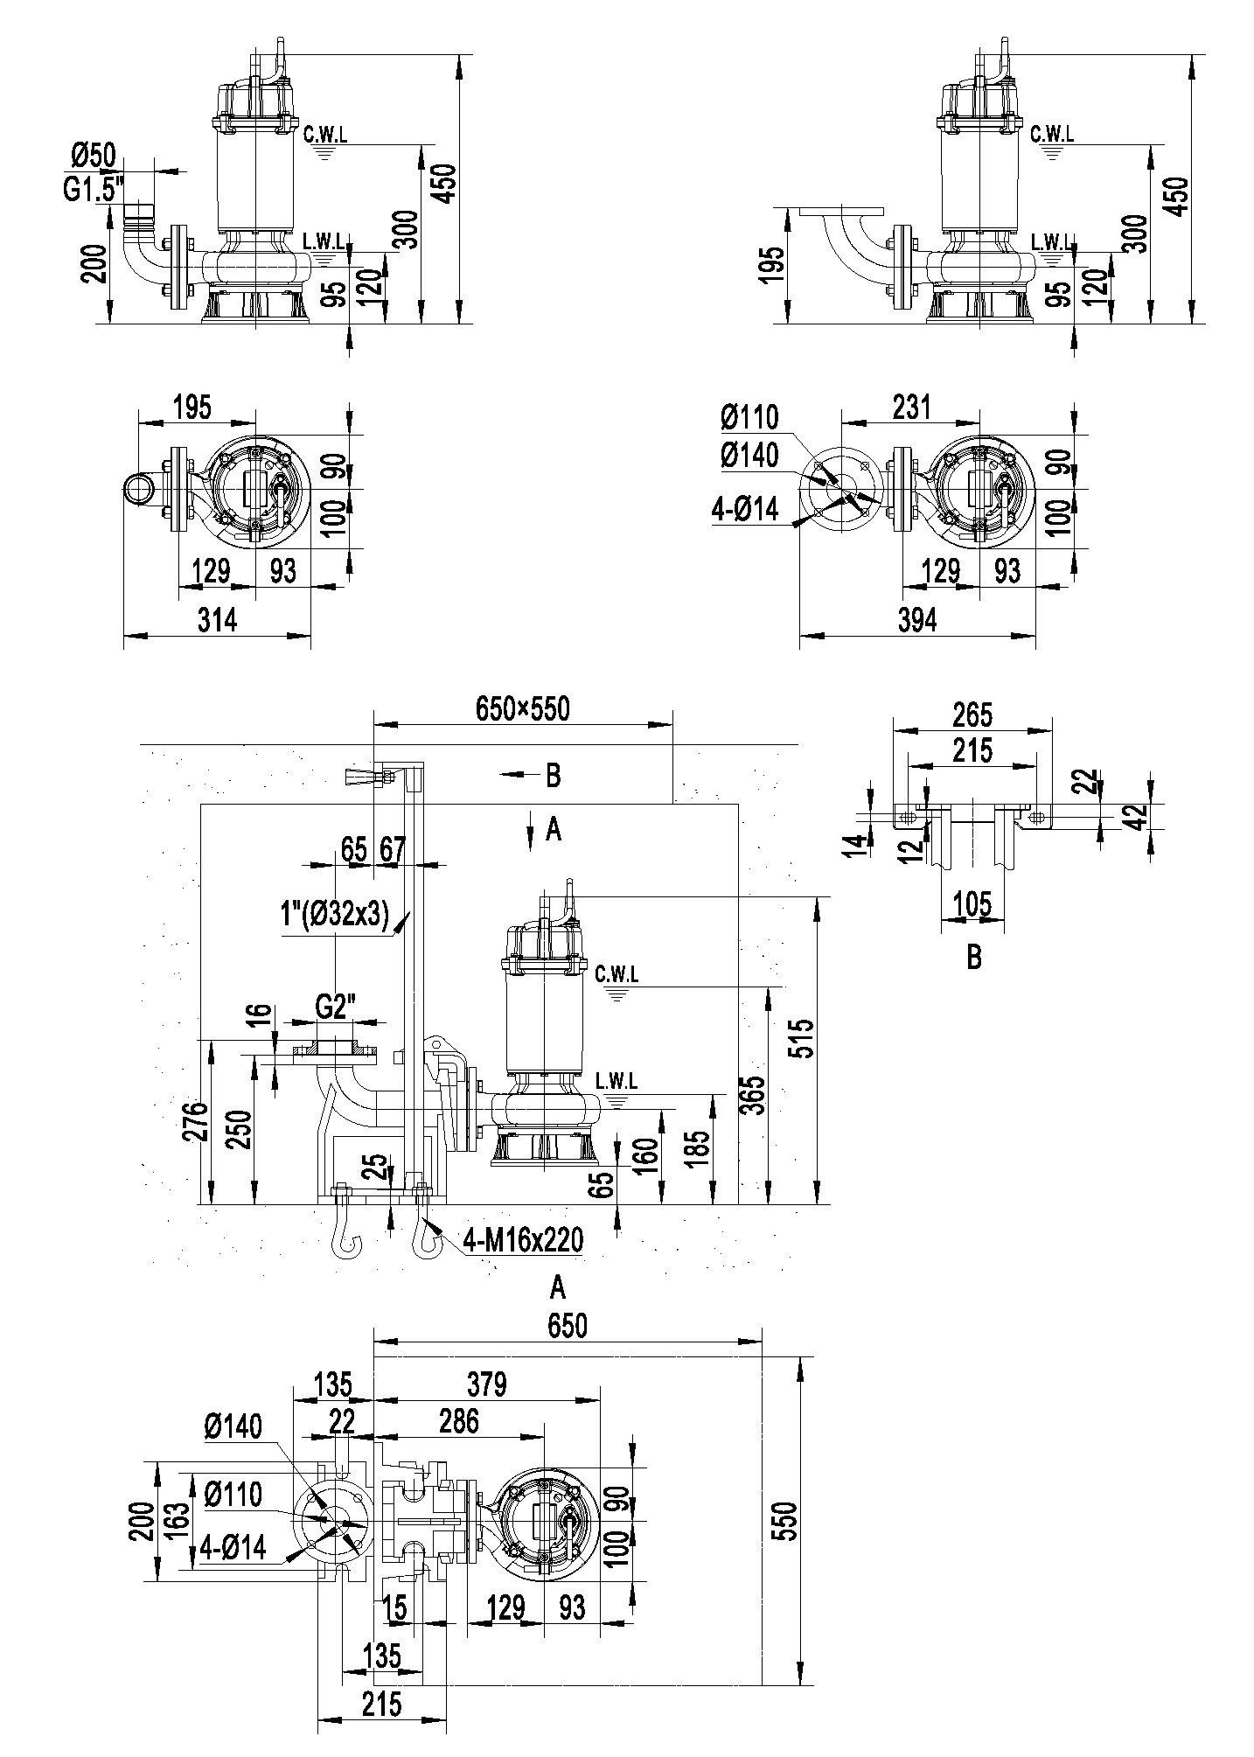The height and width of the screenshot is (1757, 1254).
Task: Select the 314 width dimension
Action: pos(217,620)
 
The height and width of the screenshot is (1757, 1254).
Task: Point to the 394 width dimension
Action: pos(917,620)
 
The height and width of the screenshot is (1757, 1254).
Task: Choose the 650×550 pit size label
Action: pos(523,708)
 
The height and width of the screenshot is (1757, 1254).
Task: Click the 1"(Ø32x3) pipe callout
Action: pos(336,916)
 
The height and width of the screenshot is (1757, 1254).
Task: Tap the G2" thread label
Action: pos(336,1007)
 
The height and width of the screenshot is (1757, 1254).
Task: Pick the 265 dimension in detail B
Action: pos(973,715)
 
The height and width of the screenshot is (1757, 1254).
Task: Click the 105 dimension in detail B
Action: pos(972,903)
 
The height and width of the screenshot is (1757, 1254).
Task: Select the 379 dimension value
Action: pos(486,1384)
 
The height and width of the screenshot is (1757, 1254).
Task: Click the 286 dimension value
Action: pos(459,1421)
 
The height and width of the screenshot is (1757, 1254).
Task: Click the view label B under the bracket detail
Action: pos(974,958)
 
